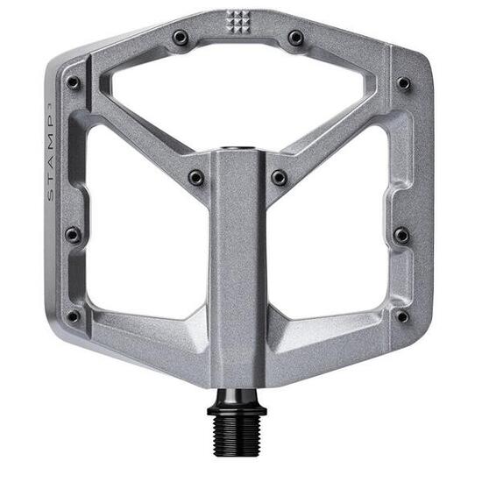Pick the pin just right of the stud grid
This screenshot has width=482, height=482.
[x=296, y=38]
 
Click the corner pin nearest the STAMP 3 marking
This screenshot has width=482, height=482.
[x=74, y=82]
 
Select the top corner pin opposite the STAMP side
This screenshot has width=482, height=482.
[x=403, y=83]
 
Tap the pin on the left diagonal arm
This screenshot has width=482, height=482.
[x=195, y=177]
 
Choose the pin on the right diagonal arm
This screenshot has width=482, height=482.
[x=279, y=177]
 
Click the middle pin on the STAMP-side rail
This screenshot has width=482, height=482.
[x=73, y=235]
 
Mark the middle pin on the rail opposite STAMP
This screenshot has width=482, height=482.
[x=401, y=235]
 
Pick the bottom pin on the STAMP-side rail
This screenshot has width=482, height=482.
[x=74, y=315]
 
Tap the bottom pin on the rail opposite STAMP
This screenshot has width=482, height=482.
[x=401, y=315]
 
